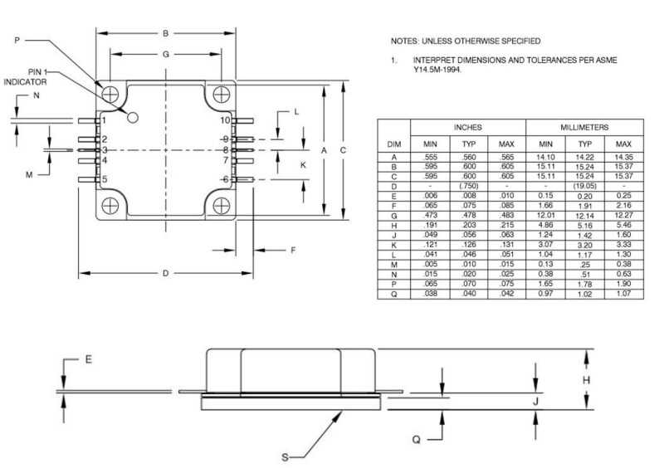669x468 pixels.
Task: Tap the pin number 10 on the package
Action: coord(224,120)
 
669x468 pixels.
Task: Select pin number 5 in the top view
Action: coord(105,179)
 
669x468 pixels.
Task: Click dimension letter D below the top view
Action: coord(165,274)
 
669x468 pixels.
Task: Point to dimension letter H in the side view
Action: coord(587,380)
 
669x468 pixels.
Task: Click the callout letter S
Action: coord(287,456)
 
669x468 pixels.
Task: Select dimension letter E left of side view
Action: coord(87,360)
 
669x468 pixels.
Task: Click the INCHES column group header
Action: coord(468,128)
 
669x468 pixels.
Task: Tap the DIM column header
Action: coord(394,144)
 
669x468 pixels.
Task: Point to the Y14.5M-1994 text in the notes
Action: coord(437,71)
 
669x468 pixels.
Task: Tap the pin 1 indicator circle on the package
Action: coord(132,117)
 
